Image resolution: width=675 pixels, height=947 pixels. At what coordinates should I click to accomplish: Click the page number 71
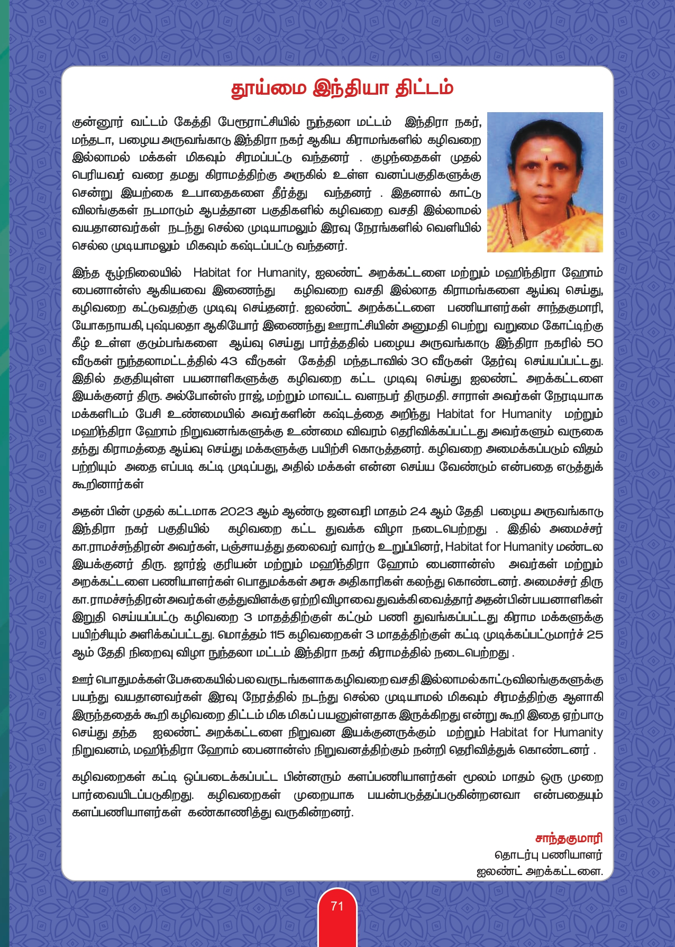[337, 906]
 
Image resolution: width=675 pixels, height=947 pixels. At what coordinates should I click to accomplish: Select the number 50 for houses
[595, 343]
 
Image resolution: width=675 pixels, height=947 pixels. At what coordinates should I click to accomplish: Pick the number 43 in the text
[229, 361]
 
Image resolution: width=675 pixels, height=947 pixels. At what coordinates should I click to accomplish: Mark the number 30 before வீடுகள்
[419, 361]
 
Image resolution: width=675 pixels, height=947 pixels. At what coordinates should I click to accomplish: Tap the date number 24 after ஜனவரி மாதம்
[418, 512]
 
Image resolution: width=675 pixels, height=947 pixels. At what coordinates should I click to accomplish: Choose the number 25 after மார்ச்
[595, 635]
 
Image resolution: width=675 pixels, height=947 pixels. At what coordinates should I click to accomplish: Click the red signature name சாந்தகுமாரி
[569, 839]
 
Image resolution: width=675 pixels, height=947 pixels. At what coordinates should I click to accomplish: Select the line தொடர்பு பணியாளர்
[549, 855]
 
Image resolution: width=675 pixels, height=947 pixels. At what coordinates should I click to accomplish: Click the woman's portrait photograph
[545, 182]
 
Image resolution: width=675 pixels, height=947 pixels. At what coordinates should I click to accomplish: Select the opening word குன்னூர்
[97, 122]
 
